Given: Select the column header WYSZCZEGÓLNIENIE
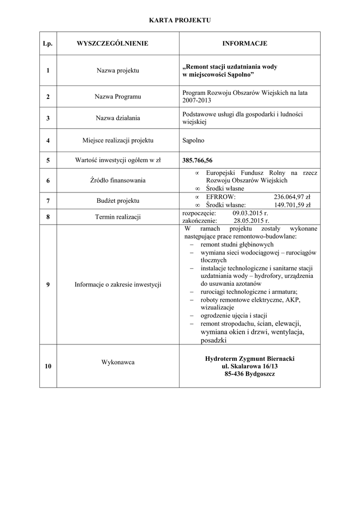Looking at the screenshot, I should pyautogui.click(x=112, y=44).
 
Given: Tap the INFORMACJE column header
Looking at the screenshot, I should pyautogui.click(x=244, y=44).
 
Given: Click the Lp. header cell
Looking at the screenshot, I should pyautogui.click(x=48, y=44).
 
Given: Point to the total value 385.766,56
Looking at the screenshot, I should pyautogui.click(x=197, y=161).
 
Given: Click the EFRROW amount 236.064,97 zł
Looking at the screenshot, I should pyautogui.click(x=292, y=197).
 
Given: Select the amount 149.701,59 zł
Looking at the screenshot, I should pyautogui.click(x=292, y=204).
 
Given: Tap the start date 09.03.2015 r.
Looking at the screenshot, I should pyautogui.click(x=250, y=212).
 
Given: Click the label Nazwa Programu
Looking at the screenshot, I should pyautogui.click(x=118, y=96).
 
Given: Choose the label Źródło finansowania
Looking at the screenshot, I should pyautogui.click(x=118, y=180).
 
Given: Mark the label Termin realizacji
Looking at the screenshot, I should pyautogui.click(x=118, y=217).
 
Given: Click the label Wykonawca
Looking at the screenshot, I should pyautogui.click(x=118, y=362).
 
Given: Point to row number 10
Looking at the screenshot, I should pyautogui.click(x=48, y=366).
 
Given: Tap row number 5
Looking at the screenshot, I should pyautogui.click(x=48, y=161).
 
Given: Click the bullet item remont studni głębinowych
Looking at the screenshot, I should pyautogui.click(x=237, y=245).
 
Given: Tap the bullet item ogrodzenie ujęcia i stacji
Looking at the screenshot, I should pyautogui.click(x=234, y=316).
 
